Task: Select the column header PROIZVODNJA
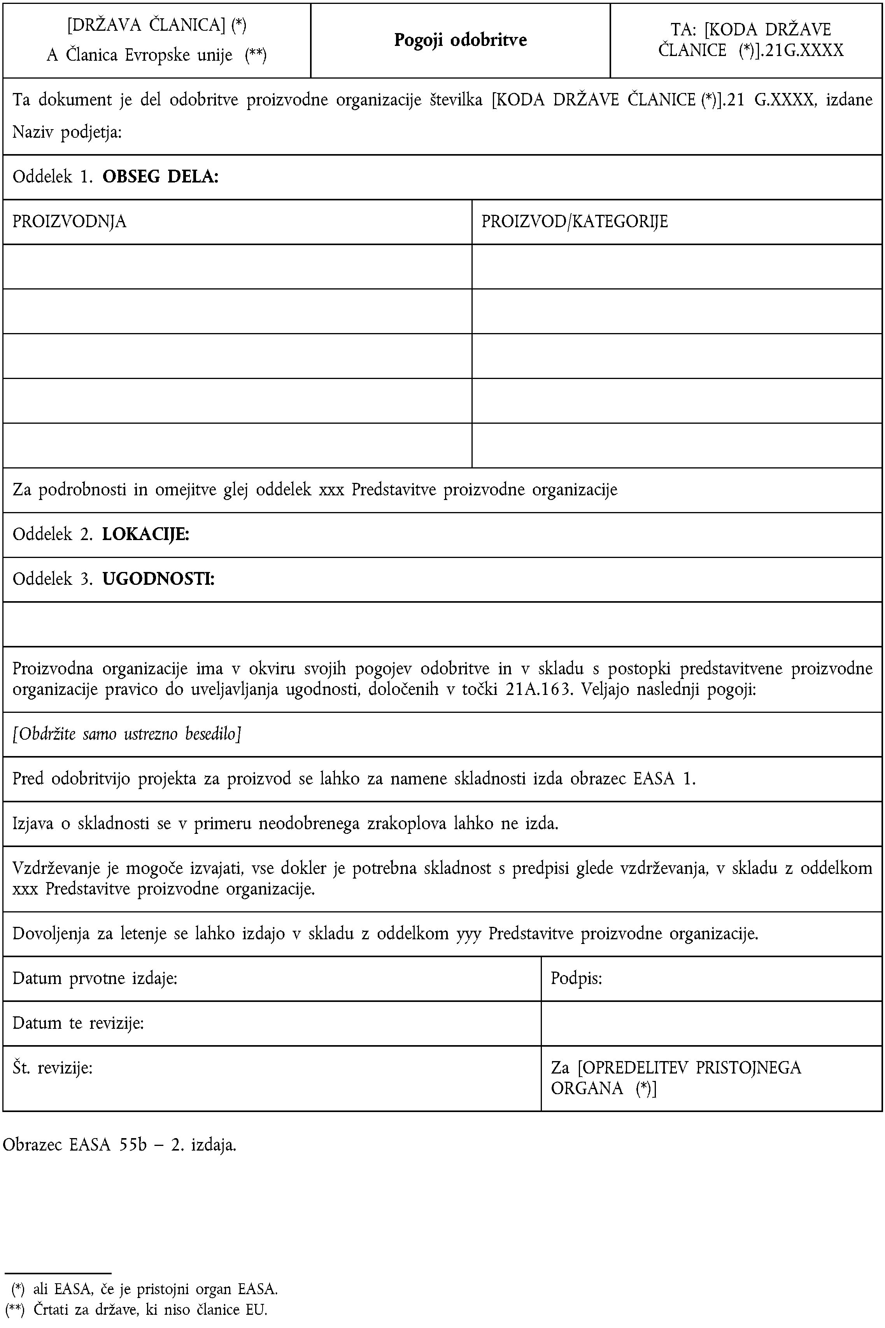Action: click(69, 221)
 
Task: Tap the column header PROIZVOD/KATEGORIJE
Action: click(574, 221)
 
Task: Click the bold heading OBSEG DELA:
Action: click(160, 177)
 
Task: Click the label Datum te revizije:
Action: click(78, 1023)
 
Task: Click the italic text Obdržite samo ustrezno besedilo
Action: click(127, 734)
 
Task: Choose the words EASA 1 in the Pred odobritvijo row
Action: click(662, 779)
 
